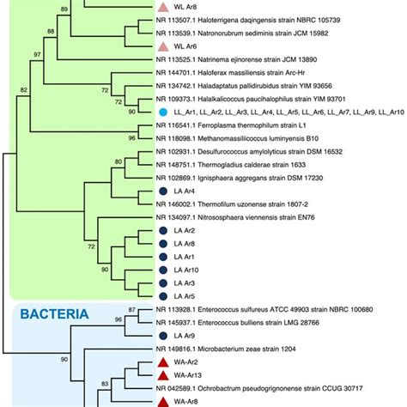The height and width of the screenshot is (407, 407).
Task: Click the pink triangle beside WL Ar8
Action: coord(163,6)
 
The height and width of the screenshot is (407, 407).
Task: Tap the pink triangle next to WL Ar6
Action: coord(163,46)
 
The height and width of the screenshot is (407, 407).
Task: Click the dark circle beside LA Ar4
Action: coord(163,191)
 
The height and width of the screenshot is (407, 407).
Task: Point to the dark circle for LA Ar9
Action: coord(163,335)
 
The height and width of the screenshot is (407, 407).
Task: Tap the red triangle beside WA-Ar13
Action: coord(163,374)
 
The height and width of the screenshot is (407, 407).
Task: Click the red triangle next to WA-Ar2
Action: coord(163,361)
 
